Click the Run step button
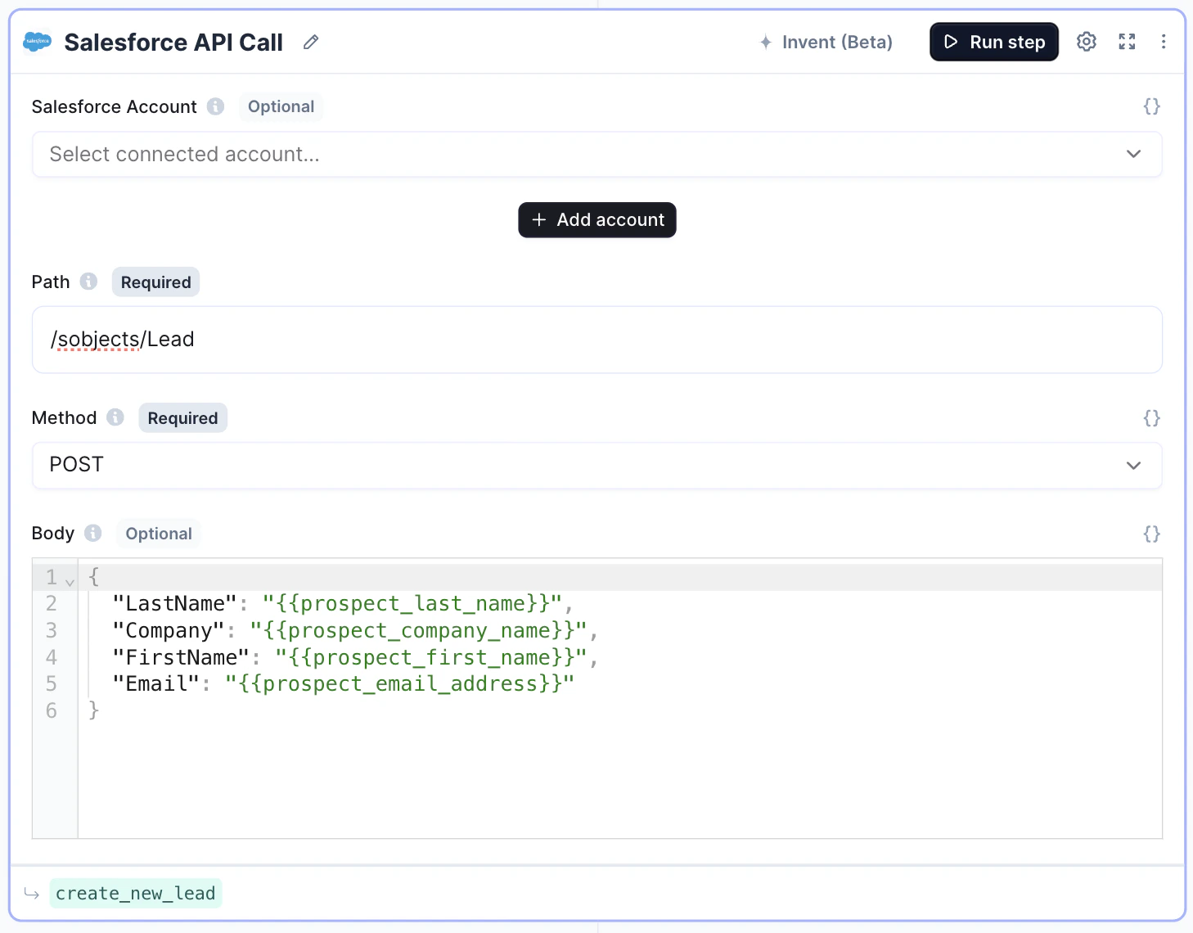(x=993, y=42)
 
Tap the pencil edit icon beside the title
(x=311, y=43)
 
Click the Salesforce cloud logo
(x=38, y=41)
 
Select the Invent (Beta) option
(x=826, y=42)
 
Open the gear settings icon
(x=1086, y=42)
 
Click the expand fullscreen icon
(x=1127, y=42)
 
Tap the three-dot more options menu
(x=1164, y=42)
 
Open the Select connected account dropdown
(x=596, y=155)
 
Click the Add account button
(x=596, y=219)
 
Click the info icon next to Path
(x=88, y=282)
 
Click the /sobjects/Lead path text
(x=122, y=340)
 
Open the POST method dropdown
(x=596, y=465)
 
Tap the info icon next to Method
(x=115, y=417)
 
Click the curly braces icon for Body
(x=1151, y=534)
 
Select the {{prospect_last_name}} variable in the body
(x=412, y=603)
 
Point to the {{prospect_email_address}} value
(x=399, y=683)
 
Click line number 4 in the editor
(x=51, y=657)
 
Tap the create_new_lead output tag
(x=136, y=894)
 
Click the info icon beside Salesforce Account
(x=215, y=106)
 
